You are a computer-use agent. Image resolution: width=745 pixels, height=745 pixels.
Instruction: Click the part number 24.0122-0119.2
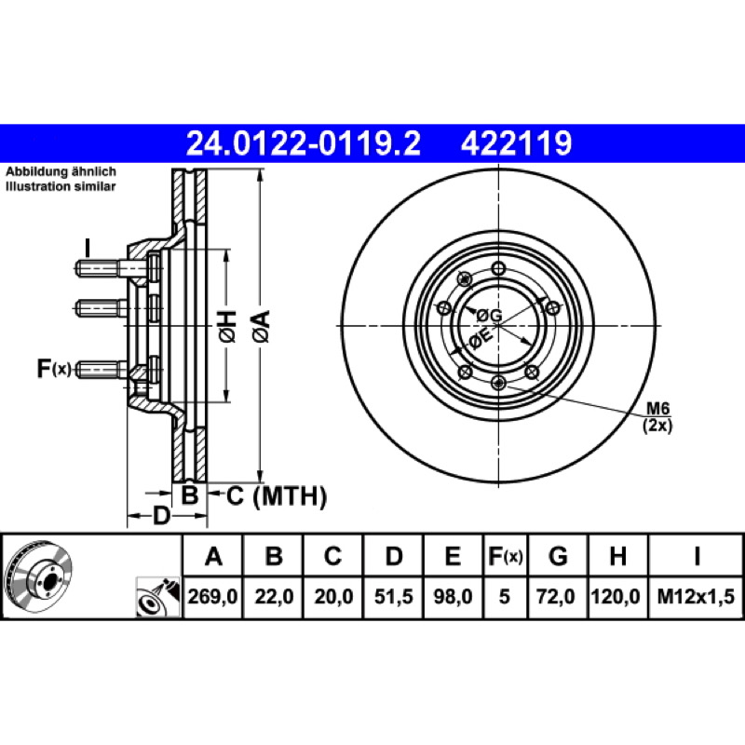coord(304,143)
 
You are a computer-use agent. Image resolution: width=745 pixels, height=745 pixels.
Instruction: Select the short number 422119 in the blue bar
coord(517,143)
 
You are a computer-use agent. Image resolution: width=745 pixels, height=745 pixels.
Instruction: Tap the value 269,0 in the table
coord(212,596)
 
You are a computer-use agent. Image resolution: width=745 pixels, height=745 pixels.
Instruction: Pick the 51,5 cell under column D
coord(394,596)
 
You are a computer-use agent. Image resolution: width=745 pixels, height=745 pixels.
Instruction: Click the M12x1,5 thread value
coord(696,596)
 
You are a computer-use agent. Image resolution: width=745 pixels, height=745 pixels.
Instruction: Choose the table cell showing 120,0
coord(616,596)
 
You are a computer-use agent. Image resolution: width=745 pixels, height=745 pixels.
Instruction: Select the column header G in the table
coord(558,555)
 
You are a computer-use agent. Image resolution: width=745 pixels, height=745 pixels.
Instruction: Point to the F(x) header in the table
coord(506,555)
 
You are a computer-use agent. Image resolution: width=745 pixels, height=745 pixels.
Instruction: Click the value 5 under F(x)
coord(504,596)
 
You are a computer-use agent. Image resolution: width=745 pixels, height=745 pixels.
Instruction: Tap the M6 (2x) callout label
coord(657,416)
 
